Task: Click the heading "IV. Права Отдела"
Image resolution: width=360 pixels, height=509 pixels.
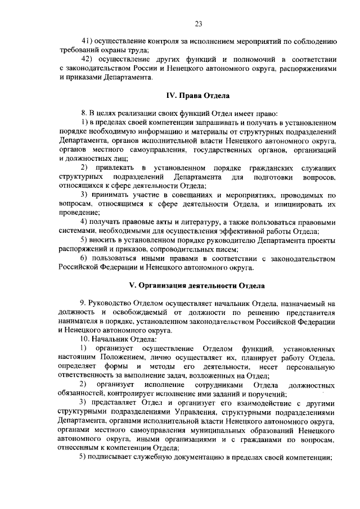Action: pyautogui.click(x=198, y=96)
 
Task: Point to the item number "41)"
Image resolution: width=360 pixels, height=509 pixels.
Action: pyautogui.click(x=87, y=41)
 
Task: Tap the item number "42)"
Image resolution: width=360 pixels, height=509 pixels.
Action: pyautogui.click(x=87, y=59)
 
